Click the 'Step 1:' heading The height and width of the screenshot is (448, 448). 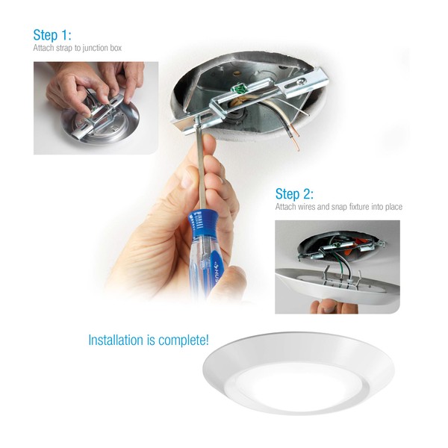click(x=52, y=35)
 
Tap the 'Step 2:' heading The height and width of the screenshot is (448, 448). click(x=294, y=194)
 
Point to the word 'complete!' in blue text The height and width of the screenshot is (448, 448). click(x=184, y=340)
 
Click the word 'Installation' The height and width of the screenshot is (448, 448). click(x=116, y=340)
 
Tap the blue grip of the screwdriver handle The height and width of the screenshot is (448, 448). click(x=202, y=220)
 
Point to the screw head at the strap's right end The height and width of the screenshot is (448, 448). click(x=301, y=82)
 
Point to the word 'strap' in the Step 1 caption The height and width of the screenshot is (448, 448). click(x=64, y=48)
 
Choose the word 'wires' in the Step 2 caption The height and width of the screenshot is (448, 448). click(x=307, y=207)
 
